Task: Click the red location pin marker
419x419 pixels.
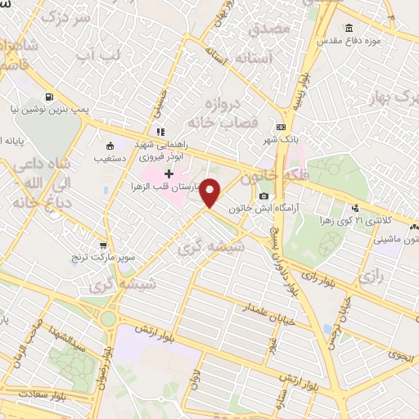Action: (x=211, y=193)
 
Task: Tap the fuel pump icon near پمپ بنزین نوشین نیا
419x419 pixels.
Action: (x=51, y=95)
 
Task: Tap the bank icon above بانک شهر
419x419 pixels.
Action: (x=282, y=128)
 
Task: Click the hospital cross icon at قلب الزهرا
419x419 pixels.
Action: (x=169, y=174)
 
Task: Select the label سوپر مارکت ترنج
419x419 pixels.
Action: (x=105, y=257)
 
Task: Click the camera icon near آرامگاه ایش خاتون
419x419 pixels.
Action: (x=264, y=196)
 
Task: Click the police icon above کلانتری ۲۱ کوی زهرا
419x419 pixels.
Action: (x=355, y=208)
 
